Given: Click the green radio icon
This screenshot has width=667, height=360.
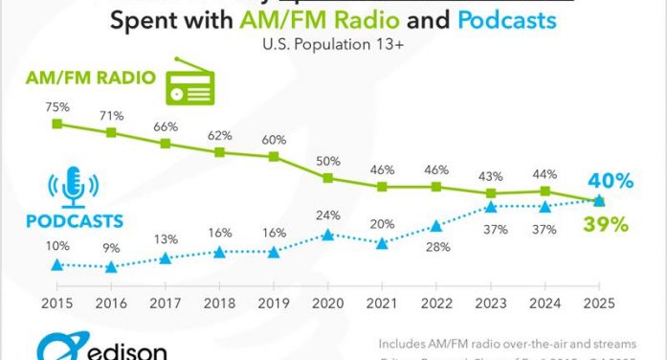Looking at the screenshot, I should tap(190, 83).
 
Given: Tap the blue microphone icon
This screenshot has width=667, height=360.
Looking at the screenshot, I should tap(73, 187).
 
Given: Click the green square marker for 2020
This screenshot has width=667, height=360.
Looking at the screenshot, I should tap(328, 177).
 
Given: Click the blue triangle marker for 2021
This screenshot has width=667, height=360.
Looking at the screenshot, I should tap(383, 244).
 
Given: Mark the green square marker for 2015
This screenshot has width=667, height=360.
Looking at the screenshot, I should tap(56, 124).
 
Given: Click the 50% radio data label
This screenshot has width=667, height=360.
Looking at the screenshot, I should tap(328, 158).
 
